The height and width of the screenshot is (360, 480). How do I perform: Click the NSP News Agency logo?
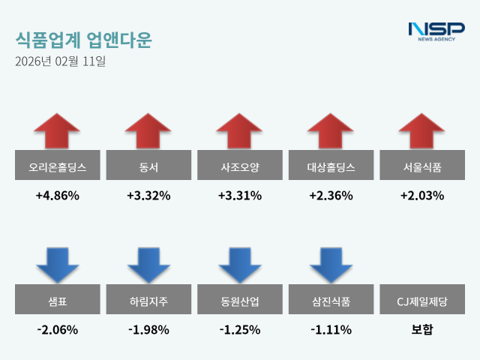click(436, 32)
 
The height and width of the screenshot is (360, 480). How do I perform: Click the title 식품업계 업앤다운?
click(82, 39)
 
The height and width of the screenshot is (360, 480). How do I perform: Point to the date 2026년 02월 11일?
click(60, 61)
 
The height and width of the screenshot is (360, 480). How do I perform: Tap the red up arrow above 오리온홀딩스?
click(57, 131)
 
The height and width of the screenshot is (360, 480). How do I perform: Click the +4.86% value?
click(57, 196)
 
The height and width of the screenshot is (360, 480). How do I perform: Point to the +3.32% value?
click(148, 196)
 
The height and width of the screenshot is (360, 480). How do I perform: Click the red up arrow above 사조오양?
click(240, 131)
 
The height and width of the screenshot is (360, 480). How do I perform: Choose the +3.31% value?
click(240, 196)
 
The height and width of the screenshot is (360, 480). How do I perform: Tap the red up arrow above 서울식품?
click(422, 131)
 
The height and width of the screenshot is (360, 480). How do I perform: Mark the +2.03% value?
click(422, 196)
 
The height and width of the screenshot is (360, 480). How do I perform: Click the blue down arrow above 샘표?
click(57, 264)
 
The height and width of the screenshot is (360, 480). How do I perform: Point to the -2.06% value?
click(57, 329)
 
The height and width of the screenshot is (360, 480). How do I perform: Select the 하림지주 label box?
click(148, 301)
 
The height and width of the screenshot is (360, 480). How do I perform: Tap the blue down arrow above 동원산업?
click(240, 264)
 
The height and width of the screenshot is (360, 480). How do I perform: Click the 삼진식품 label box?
click(331, 301)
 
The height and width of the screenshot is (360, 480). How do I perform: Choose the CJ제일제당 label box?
click(422, 301)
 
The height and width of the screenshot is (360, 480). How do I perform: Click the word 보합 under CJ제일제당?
click(422, 329)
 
